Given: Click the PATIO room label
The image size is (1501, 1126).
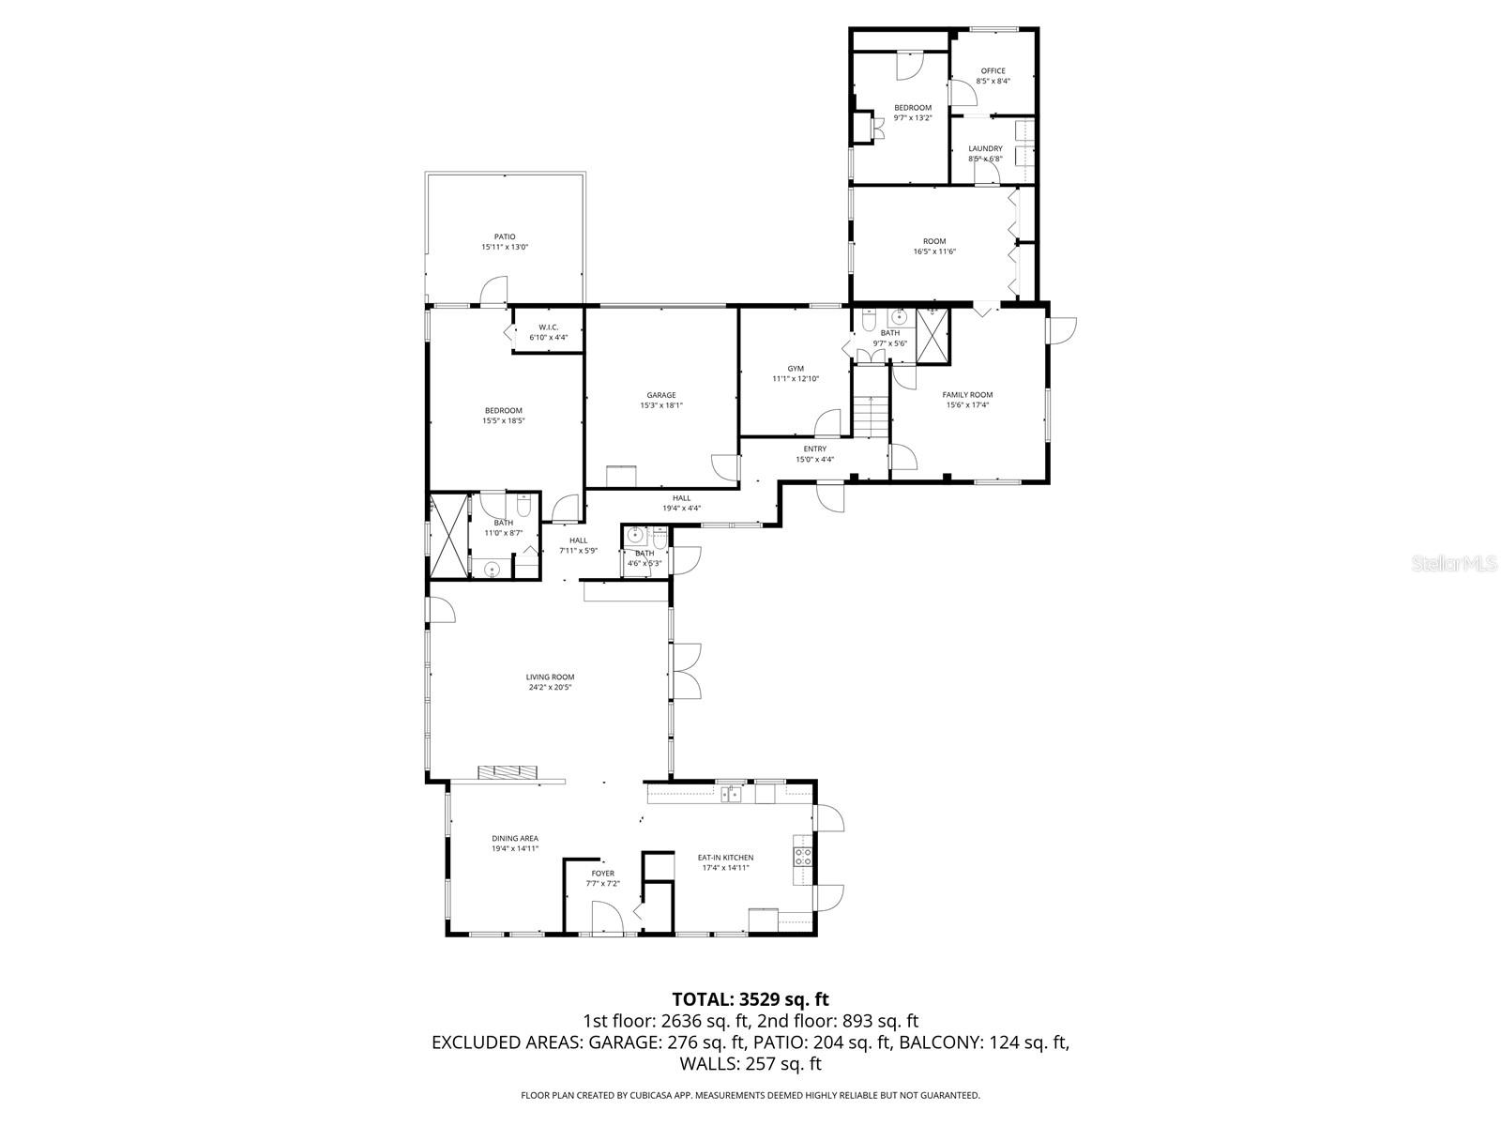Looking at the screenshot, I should [505, 236].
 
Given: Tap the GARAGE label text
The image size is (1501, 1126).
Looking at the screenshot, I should [660, 395].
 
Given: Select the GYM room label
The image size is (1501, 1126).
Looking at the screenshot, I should [796, 369].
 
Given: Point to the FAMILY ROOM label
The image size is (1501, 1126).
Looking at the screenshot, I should [967, 395].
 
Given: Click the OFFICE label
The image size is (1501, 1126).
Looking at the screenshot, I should [993, 71].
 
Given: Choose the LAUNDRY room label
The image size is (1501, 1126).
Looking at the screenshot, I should [985, 148].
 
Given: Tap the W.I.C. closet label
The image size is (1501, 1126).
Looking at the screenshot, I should [549, 327].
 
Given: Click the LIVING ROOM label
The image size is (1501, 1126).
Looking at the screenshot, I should [550, 677].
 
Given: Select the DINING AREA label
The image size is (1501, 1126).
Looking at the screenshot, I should [515, 838].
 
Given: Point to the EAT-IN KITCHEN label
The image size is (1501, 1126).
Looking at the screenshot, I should [725, 857].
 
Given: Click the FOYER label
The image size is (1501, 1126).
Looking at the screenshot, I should [603, 874].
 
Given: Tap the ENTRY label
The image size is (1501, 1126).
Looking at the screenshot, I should [814, 449].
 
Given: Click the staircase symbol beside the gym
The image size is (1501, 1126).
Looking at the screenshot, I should [871, 412].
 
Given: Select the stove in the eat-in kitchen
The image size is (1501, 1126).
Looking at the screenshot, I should [803, 857].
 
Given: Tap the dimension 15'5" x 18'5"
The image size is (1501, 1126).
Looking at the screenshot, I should [503, 421].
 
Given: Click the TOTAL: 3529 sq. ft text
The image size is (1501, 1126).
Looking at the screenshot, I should [750, 999].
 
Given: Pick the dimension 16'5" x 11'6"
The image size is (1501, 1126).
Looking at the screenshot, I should [934, 251].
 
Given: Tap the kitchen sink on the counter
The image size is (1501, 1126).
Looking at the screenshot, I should [731, 794].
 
